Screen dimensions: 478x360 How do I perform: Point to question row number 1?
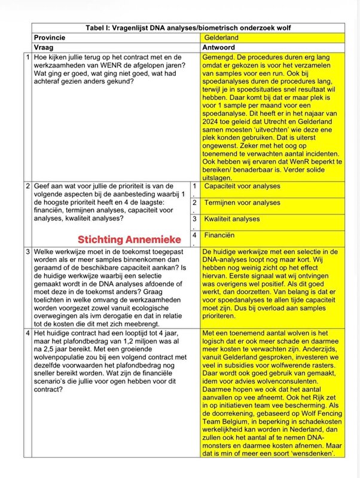(28, 57)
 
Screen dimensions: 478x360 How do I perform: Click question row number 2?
(28, 187)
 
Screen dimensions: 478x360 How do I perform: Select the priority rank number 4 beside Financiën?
(194, 235)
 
